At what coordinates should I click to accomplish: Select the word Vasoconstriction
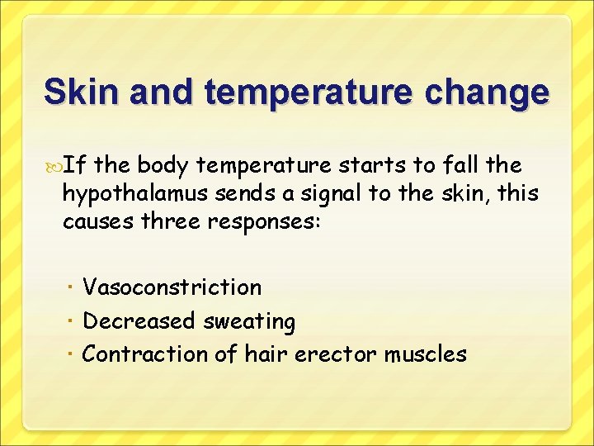pyautogui.click(x=172, y=287)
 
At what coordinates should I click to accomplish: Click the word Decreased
pyautogui.click(x=139, y=320)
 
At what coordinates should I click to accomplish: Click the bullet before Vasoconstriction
pyautogui.click(x=73, y=288)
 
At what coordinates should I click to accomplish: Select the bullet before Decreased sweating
pyautogui.click(x=73, y=321)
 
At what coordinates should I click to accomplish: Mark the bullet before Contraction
pyautogui.click(x=73, y=354)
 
